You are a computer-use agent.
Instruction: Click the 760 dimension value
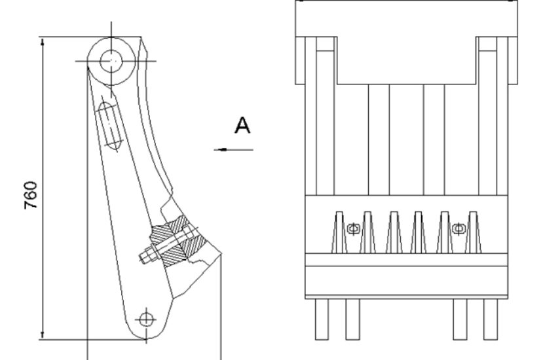(31, 195)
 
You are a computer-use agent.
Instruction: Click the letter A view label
(242, 125)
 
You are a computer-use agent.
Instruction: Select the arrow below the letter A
(234, 149)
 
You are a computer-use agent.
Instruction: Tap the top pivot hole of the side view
(111, 62)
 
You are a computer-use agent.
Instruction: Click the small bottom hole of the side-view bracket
(146, 319)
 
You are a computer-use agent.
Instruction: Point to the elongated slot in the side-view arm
(109, 125)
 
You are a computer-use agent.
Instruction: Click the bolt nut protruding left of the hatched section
(147, 255)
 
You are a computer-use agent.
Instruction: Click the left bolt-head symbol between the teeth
(353, 228)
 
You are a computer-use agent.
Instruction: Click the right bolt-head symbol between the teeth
(458, 228)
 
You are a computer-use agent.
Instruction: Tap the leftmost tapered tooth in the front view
(339, 232)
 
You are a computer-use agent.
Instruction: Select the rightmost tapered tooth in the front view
(473, 232)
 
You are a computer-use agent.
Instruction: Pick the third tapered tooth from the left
(394, 232)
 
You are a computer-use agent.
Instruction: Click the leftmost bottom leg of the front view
(322, 319)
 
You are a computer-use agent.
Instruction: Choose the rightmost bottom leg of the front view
(491, 319)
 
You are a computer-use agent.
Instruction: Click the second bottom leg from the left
(352, 319)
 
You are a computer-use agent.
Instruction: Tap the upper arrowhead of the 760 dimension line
(43, 41)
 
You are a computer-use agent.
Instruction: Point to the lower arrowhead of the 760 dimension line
(43, 335)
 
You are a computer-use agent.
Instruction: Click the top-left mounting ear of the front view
(316, 60)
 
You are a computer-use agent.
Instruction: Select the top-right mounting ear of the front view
(496, 60)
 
